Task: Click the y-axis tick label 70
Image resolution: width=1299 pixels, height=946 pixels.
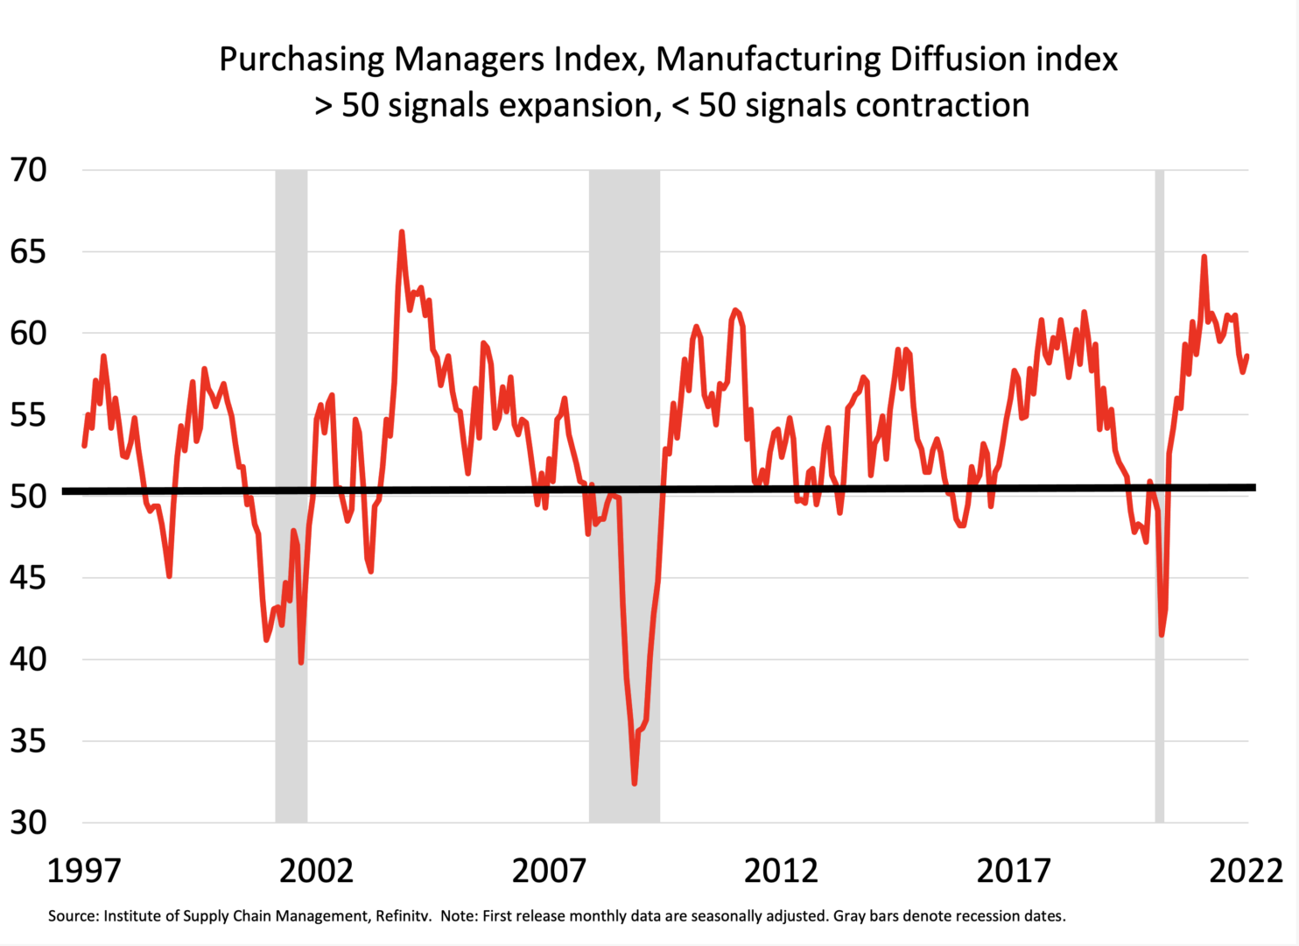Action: (x=28, y=170)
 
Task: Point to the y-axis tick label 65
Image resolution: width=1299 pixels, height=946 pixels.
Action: (x=28, y=252)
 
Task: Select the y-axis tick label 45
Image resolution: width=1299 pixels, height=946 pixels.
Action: (x=28, y=578)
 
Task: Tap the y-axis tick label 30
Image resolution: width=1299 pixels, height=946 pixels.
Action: (x=28, y=822)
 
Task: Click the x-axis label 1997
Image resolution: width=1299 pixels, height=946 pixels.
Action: (x=84, y=872)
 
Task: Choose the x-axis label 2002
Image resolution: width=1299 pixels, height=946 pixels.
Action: (x=316, y=872)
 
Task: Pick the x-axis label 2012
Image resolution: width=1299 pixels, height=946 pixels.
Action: (x=781, y=872)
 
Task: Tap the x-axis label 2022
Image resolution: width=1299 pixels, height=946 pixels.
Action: (x=1245, y=872)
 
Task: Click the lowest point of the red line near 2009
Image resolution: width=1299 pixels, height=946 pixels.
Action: (x=635, y=783)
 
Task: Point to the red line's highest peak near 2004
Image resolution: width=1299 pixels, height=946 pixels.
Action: (x=401, y=232)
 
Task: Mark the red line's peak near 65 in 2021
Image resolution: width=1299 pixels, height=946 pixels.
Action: (x=1204, y=257)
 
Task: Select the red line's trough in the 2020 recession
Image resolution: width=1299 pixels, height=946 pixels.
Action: (x=1162, y=634)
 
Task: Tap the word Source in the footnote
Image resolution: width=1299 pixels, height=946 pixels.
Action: (x=73, y=916)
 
